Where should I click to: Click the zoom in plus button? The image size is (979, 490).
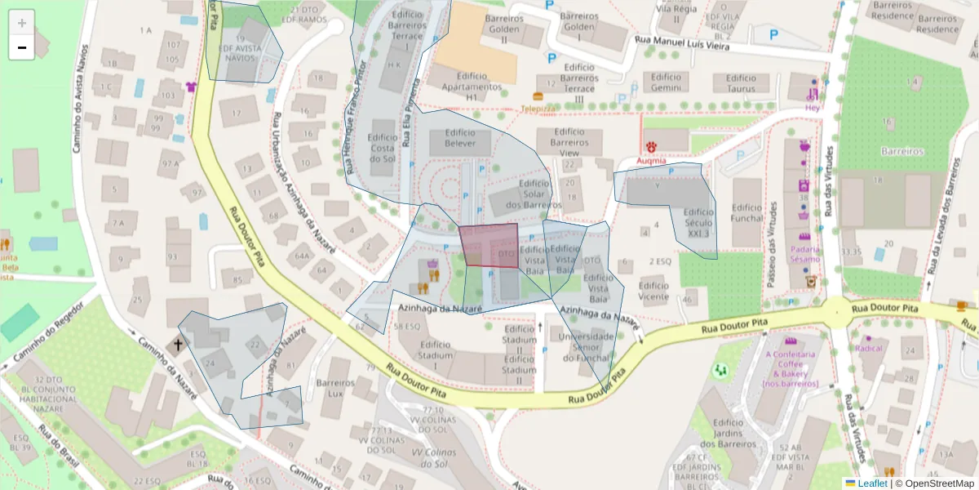21,22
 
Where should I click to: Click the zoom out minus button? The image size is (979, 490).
21,47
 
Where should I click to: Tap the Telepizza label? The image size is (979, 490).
538,108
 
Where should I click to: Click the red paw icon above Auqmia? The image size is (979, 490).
652,146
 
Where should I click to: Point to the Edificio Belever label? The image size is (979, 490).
460,139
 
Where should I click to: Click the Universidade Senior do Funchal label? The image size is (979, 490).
583,348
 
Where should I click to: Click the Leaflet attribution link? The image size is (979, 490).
872,483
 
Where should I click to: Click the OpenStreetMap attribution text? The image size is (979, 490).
937,483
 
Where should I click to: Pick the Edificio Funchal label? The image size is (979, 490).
746,213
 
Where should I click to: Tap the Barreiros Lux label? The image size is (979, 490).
335,387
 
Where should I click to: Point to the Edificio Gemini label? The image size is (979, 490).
666,82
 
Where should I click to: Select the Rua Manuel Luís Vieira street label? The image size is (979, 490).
681,47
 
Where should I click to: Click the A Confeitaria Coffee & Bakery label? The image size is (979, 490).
790,368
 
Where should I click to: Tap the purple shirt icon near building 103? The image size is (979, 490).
192,87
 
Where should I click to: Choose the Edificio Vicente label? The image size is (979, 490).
653,292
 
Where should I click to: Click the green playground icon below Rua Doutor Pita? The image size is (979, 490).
720,371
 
